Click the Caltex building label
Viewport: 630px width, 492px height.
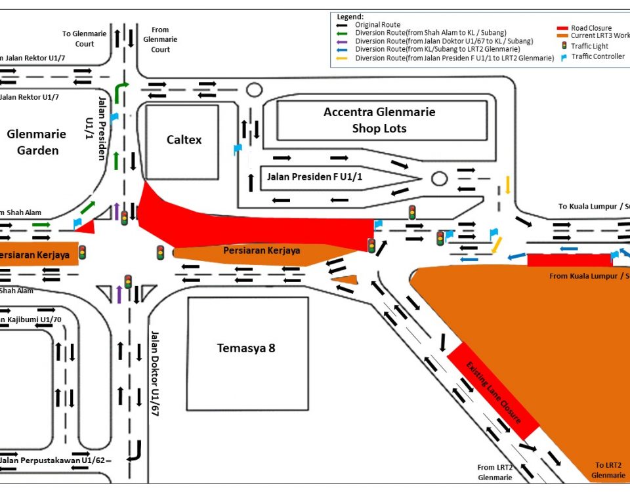point(184,140)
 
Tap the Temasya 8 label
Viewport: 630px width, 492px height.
point(246,348)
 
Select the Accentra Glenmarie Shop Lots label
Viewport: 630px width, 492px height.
point(379,120)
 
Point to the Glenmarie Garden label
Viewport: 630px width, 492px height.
point(37,142)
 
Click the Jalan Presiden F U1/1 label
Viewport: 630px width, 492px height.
point(314,177)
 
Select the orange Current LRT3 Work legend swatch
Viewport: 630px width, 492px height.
point(562,37)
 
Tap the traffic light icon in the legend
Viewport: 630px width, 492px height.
point(562,47)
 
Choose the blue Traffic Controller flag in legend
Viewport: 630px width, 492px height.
point(562,57)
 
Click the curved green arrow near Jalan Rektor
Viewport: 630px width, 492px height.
point(121,92)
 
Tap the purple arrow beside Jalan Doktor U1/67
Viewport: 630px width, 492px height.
point(119,295)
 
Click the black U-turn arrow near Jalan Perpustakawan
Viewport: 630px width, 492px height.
point(136,451)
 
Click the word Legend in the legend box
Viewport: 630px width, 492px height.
point(350,16)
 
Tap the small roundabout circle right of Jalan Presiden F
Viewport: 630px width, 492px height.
point(439,178)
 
